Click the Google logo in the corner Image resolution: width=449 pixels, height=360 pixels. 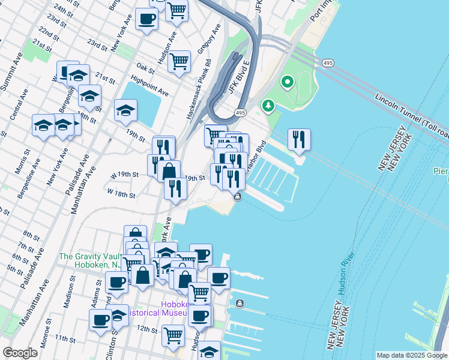click(20, 353)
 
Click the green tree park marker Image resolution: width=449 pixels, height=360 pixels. click(268, 106)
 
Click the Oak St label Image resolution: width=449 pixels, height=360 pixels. click(145, 68)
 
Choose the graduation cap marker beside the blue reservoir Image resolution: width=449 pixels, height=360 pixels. click(125, 110)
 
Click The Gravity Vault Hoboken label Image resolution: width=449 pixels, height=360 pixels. click(91, 260)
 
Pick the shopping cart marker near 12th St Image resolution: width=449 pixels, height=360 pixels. click(173, 335)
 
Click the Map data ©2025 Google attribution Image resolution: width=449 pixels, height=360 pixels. click(411, 355)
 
